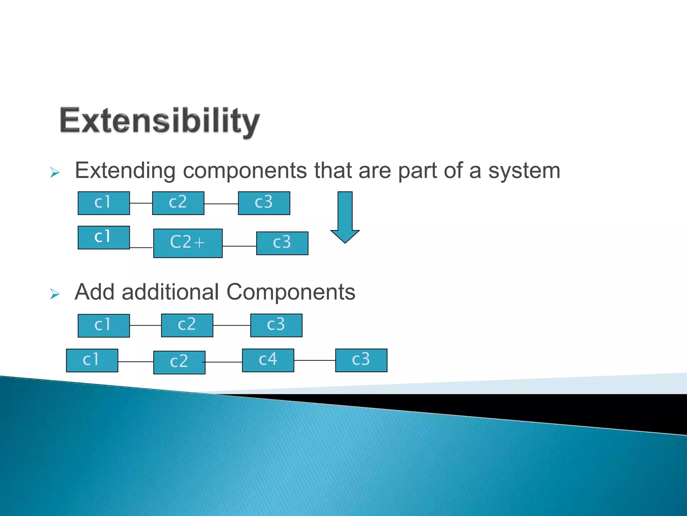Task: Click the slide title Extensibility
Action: (x=160, y=121)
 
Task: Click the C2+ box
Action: (x=188, y=243)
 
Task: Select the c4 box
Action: (x=268, y=360)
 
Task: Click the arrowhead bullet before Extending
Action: (x=55, y=173)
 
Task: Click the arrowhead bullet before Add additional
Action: (x=55, y=294)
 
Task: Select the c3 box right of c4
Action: (x=361, y=360)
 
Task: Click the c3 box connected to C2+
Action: (x=282, y=243)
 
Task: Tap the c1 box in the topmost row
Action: (x=104, y=203)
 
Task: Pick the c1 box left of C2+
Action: (x=104, y=237)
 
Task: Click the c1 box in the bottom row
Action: (x=92, y=360)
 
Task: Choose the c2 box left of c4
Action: (x=179, y=362)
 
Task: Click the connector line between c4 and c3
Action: (x=315, y=360)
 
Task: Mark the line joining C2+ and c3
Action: (x=239, y=246)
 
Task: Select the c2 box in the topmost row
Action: (x=178, y=203)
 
